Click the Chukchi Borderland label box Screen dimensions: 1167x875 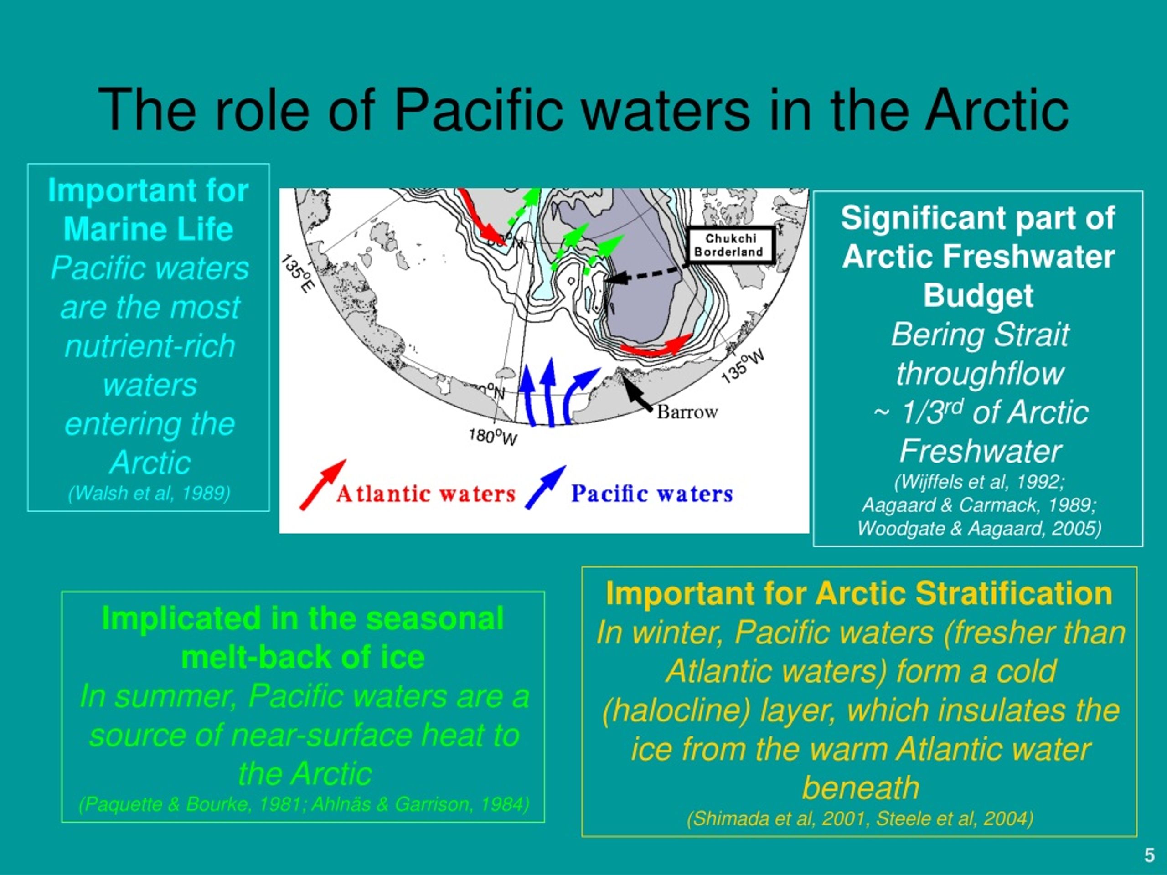point(731,245)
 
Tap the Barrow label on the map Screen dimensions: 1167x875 point(687,412)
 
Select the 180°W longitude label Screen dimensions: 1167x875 point(493,437)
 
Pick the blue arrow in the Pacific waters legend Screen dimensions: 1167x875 point(545,487)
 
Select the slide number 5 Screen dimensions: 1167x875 point(1150,855)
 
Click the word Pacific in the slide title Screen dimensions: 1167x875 point(479,110)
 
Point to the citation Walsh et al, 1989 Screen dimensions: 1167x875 point(150,493)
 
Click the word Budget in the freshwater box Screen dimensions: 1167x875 point(978,295)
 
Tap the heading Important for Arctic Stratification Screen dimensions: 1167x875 point(859,593)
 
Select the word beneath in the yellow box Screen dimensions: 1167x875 point(861,788)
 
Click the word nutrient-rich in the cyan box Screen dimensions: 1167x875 point(150,346)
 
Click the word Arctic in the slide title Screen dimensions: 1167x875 point(999,110)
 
